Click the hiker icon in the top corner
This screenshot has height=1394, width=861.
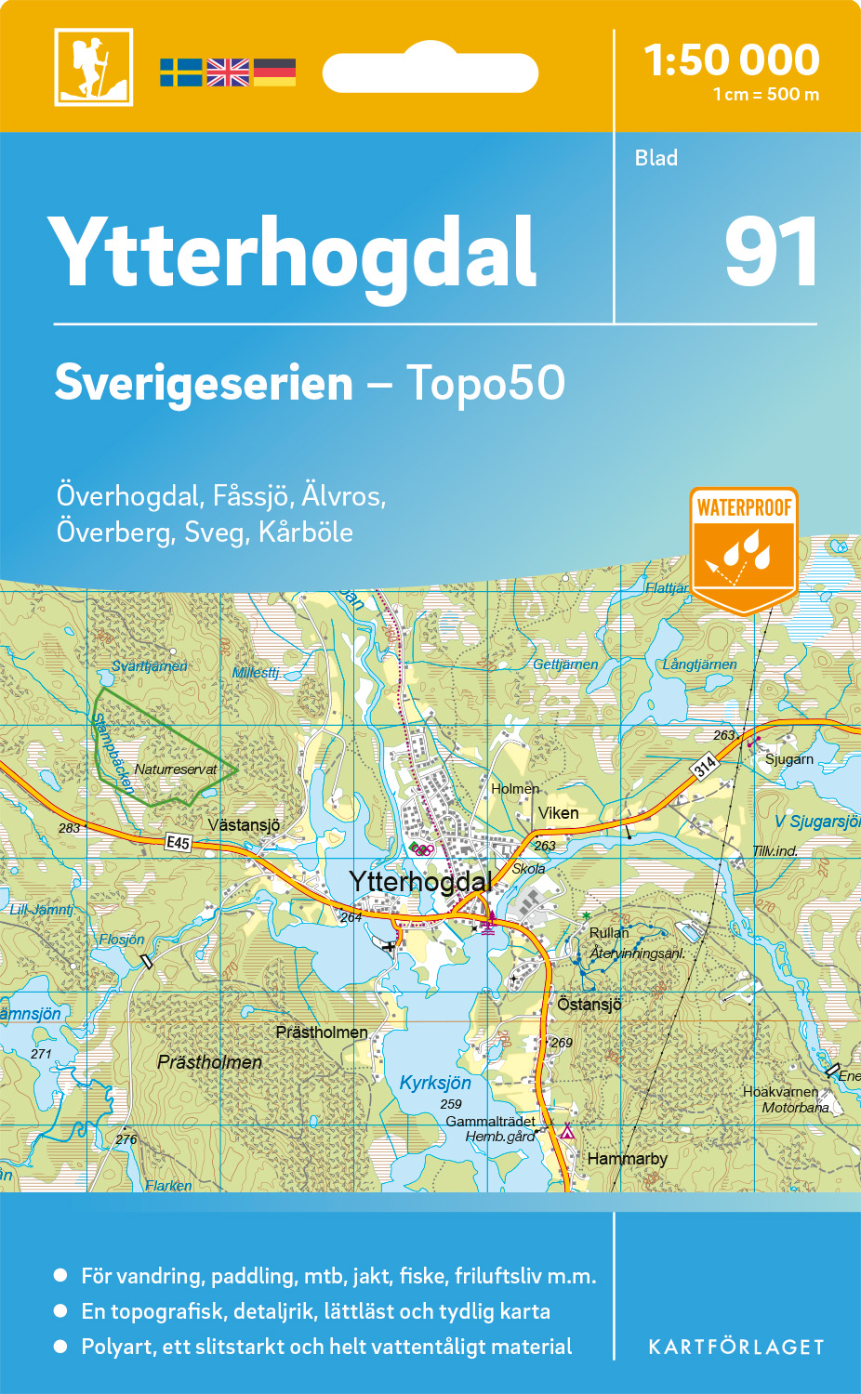(x=93, y=67)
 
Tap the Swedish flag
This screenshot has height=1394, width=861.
(x=180, y=72)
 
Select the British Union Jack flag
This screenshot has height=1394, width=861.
(x=228, y=72)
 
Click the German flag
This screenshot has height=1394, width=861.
(x=274, y=72)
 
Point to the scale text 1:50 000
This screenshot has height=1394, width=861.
(x=732, y=60)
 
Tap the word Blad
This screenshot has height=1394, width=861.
(x=656, y=158)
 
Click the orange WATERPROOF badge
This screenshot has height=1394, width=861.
(x=744, y=548)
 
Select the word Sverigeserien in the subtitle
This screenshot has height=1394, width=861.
(x=204, y=383)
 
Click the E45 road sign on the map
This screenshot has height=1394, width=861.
(x=178, y=843)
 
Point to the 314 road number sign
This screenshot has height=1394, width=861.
(x=705, y=766)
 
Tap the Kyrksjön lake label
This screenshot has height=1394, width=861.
(x=435, y=1083)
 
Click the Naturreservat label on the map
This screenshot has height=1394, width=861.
(x=175, y=769)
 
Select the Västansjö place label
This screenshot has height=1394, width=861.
(x=244, y=825)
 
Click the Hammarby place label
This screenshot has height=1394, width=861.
(x=627, y=1159)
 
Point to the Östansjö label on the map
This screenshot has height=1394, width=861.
(x=589, y=1005)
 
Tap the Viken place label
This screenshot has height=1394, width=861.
(x=558, y=813)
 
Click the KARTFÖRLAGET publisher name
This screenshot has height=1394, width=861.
(x=736, y=1348)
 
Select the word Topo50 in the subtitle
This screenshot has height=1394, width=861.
(x=485, y=383)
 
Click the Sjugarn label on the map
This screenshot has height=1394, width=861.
(x=789, y=759)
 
